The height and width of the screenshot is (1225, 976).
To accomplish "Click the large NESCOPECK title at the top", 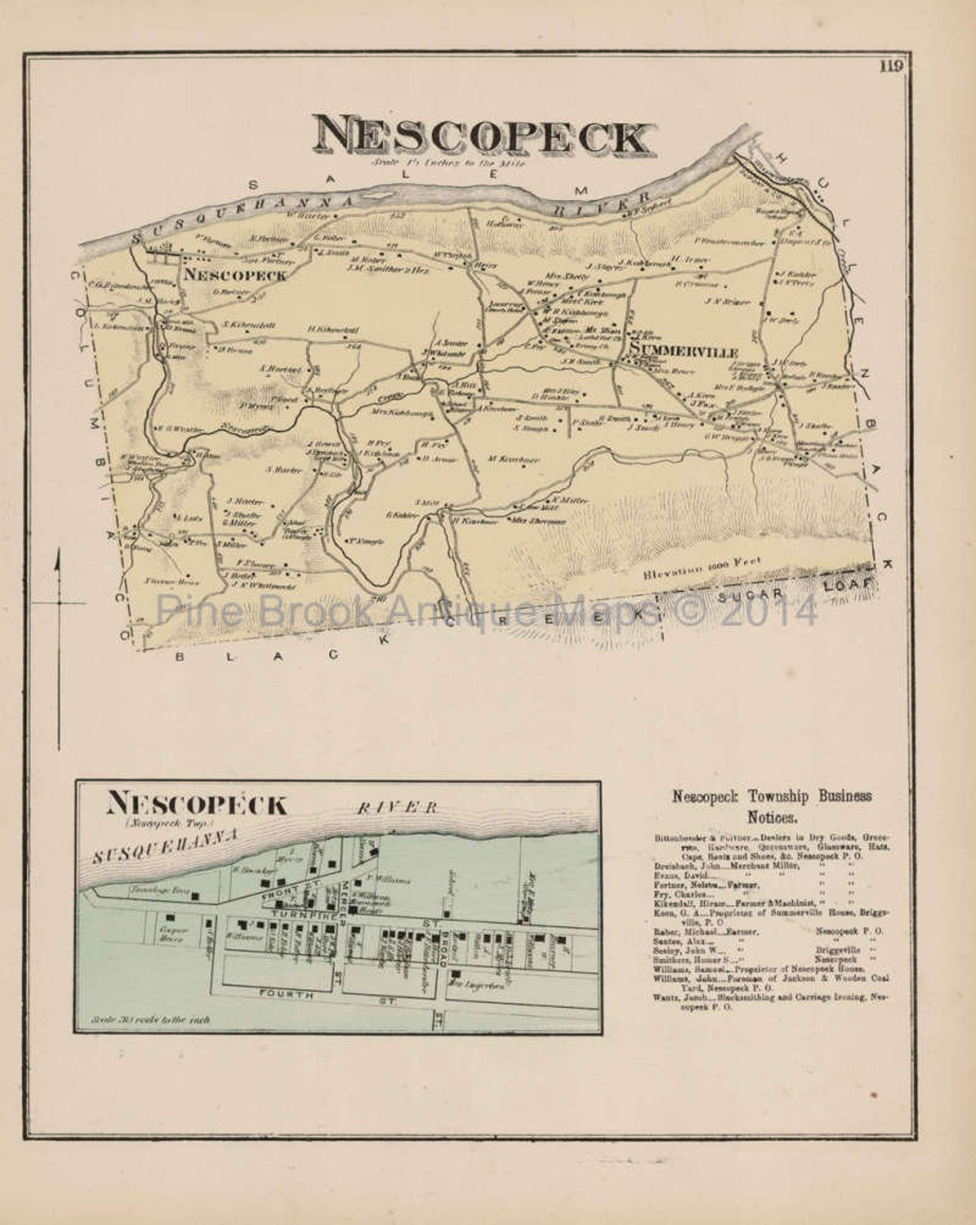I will [x=483, y=138].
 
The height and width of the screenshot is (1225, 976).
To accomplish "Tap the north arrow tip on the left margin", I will [x=58, y=558].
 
